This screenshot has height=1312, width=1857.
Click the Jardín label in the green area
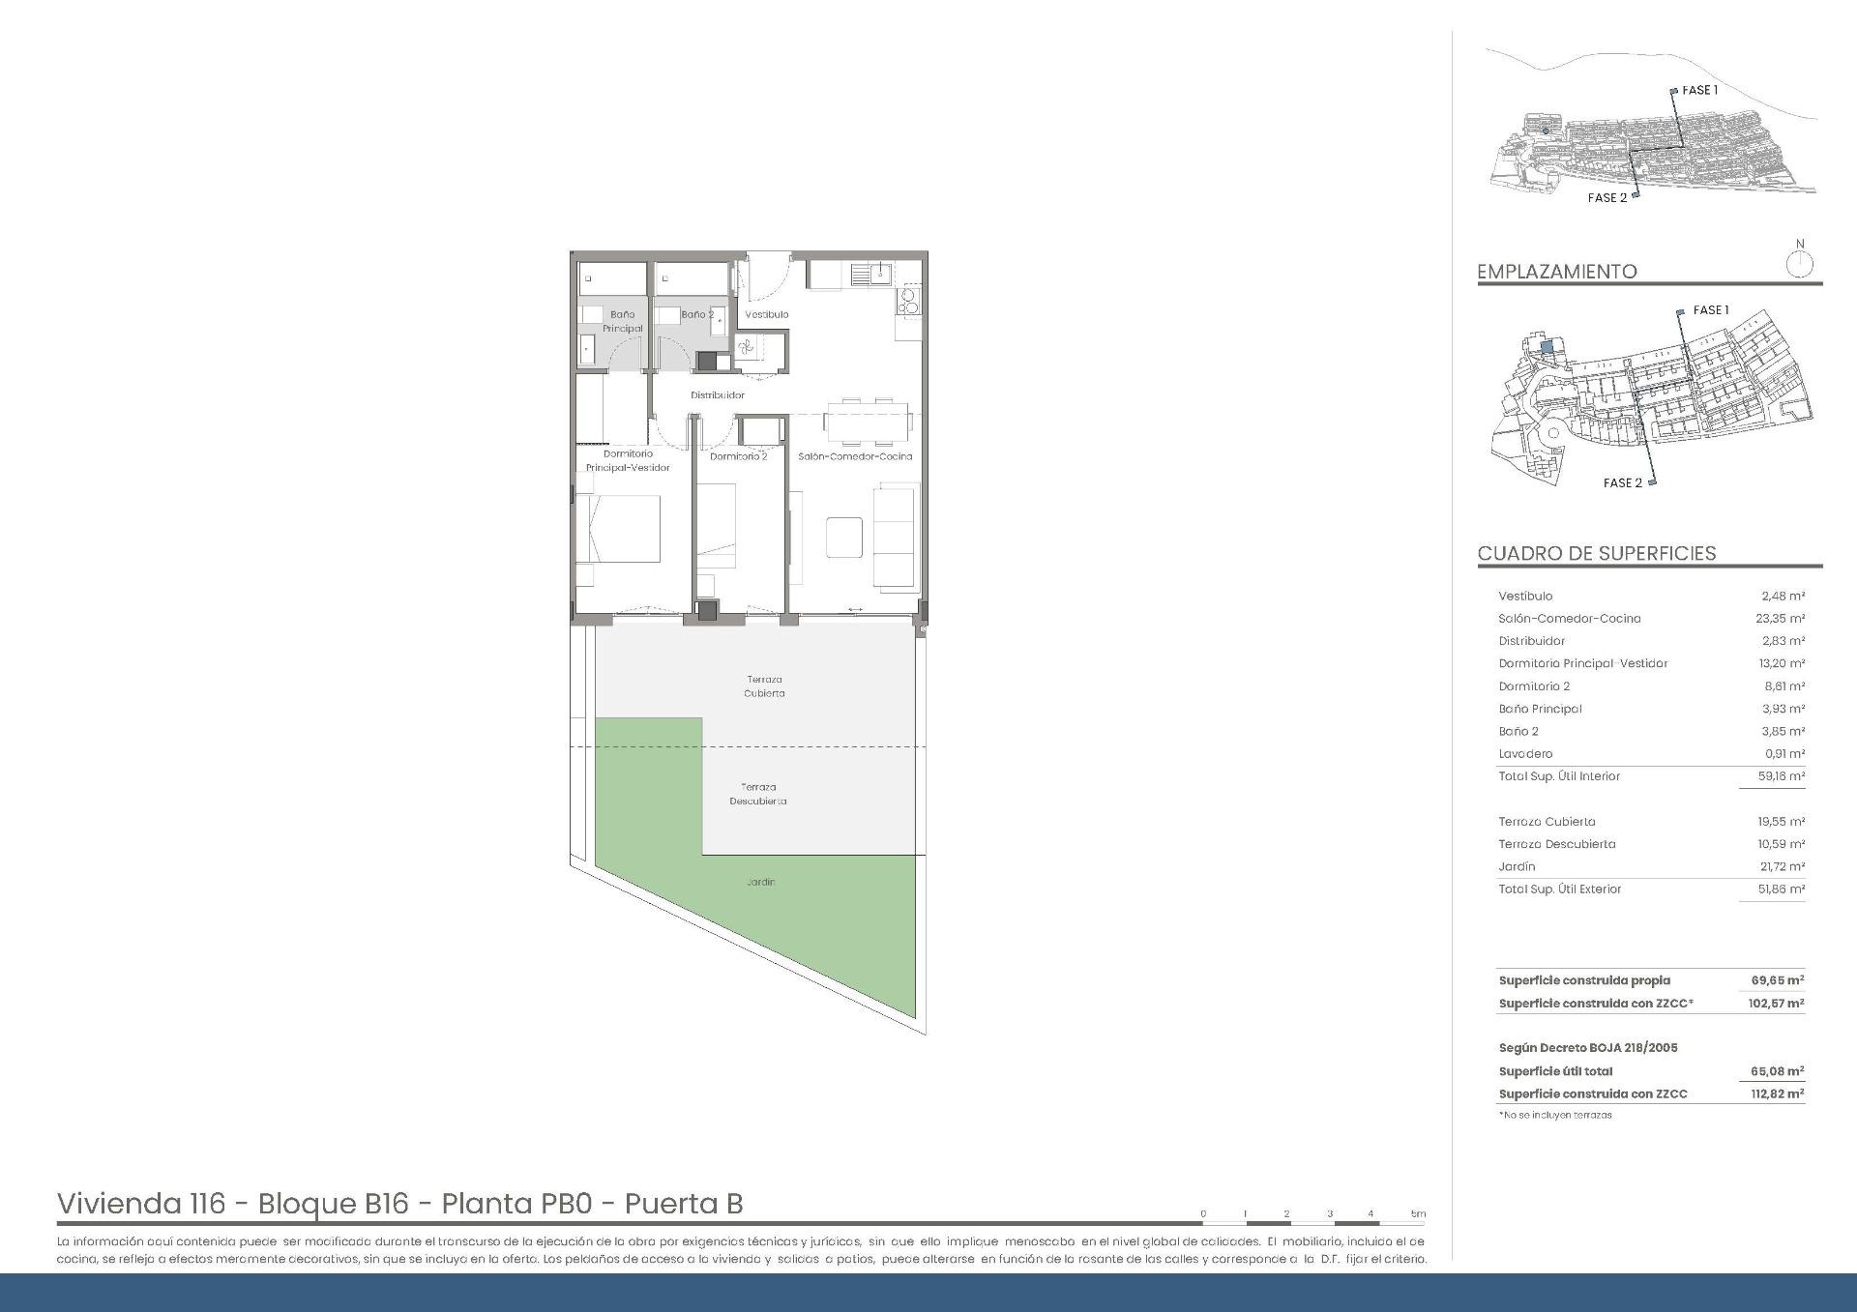point(760,882)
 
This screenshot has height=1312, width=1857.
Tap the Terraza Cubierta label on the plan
point(764,686)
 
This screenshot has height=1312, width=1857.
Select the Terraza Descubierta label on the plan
point(757,794)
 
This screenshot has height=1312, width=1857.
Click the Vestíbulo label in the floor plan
point(766,314)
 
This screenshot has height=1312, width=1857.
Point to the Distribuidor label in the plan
point(717,395)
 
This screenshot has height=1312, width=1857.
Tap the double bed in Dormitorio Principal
point(619,529)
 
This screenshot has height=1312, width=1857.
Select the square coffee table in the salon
point(844,537)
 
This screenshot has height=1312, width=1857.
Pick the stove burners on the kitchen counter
point(908,302)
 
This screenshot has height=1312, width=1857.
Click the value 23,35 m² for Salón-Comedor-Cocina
point(1781,619)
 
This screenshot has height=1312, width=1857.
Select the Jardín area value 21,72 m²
point(1781,867)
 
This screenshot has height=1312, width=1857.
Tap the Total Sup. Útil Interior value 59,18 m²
point(1781,776)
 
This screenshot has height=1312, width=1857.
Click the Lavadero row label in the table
point(1525,754)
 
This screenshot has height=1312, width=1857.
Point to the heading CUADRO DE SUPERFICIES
point(1596,554)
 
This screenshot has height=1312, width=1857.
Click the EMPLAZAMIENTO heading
point(1556,272)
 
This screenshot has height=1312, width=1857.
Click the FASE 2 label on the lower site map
point(1622,482)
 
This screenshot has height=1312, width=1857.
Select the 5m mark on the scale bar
point(1417,1214)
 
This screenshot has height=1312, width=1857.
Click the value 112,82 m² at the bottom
point(1777,1094)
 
